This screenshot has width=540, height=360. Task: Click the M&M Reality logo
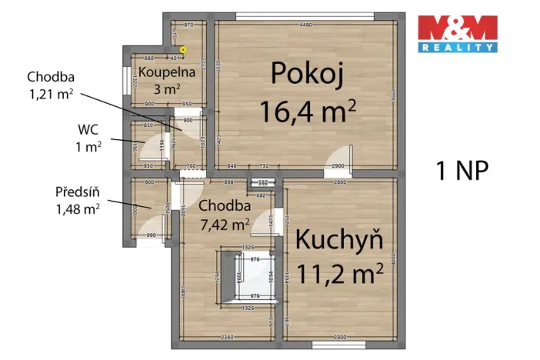(457, 34)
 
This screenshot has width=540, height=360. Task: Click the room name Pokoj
(305, 75)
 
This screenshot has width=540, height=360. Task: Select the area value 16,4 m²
(307, 112)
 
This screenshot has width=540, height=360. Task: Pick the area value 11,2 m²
(339, 272)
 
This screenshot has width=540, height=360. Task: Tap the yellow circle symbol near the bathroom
(183, 49)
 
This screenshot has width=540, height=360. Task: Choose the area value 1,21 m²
(51, 94)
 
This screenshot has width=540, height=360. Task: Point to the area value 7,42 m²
(225, 224)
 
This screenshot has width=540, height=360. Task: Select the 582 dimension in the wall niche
(262, 183)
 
